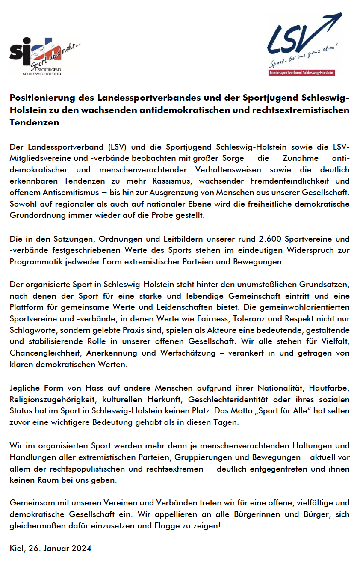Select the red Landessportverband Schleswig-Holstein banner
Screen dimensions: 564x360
click(301, 73)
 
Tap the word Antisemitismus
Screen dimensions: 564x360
click(77, 193)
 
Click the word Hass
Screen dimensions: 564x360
click(98, 388)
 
